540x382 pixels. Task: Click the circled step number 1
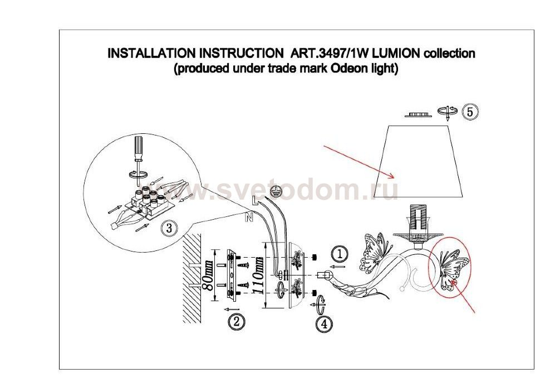340,254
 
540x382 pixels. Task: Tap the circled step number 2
236,322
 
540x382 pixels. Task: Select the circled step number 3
169,228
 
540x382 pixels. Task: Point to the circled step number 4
324,324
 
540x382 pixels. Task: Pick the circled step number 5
470,112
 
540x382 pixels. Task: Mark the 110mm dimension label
259,275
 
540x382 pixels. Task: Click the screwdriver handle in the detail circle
138,148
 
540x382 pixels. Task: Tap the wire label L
255,201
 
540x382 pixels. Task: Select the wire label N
249,217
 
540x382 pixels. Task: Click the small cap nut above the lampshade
417,114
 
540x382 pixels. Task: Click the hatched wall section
192,278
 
